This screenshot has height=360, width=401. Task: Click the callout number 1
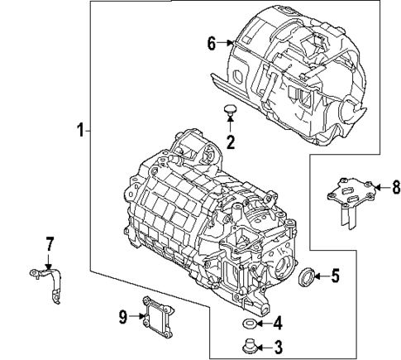click(80, 130)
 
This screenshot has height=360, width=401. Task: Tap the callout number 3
click(278, 347)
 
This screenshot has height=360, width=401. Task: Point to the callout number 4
click(278, 323)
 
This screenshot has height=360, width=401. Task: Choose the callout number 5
click(335, 276)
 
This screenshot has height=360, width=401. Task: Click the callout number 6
click(212, 43)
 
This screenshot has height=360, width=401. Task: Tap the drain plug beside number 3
click(248, 345)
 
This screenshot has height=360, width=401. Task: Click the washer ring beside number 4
click(248, 322)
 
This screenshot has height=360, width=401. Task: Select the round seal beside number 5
click(306, 276)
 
